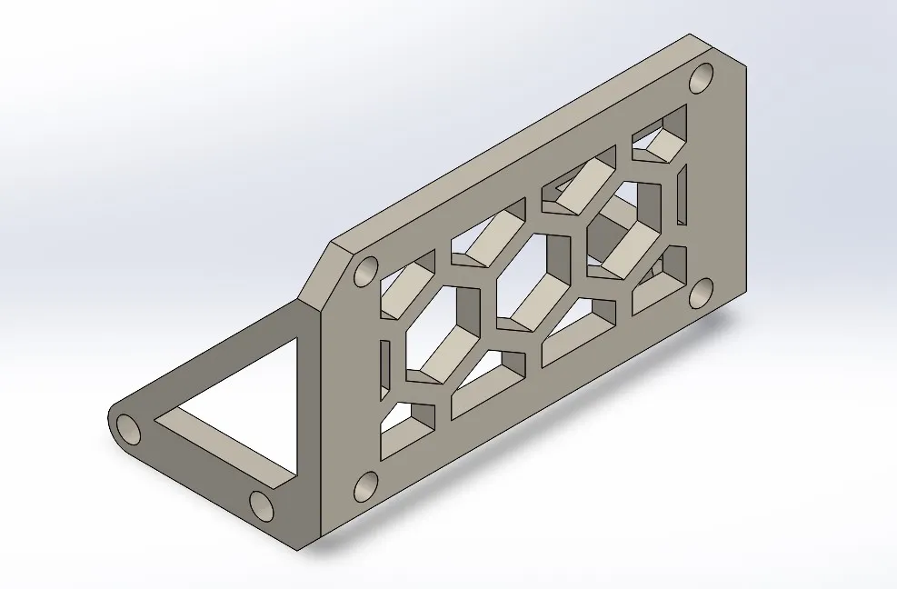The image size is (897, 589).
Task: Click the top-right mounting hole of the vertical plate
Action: point(701,79)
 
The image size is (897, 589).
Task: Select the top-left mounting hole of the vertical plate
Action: point(366,272)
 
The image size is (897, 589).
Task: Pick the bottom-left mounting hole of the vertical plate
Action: point(364,487)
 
